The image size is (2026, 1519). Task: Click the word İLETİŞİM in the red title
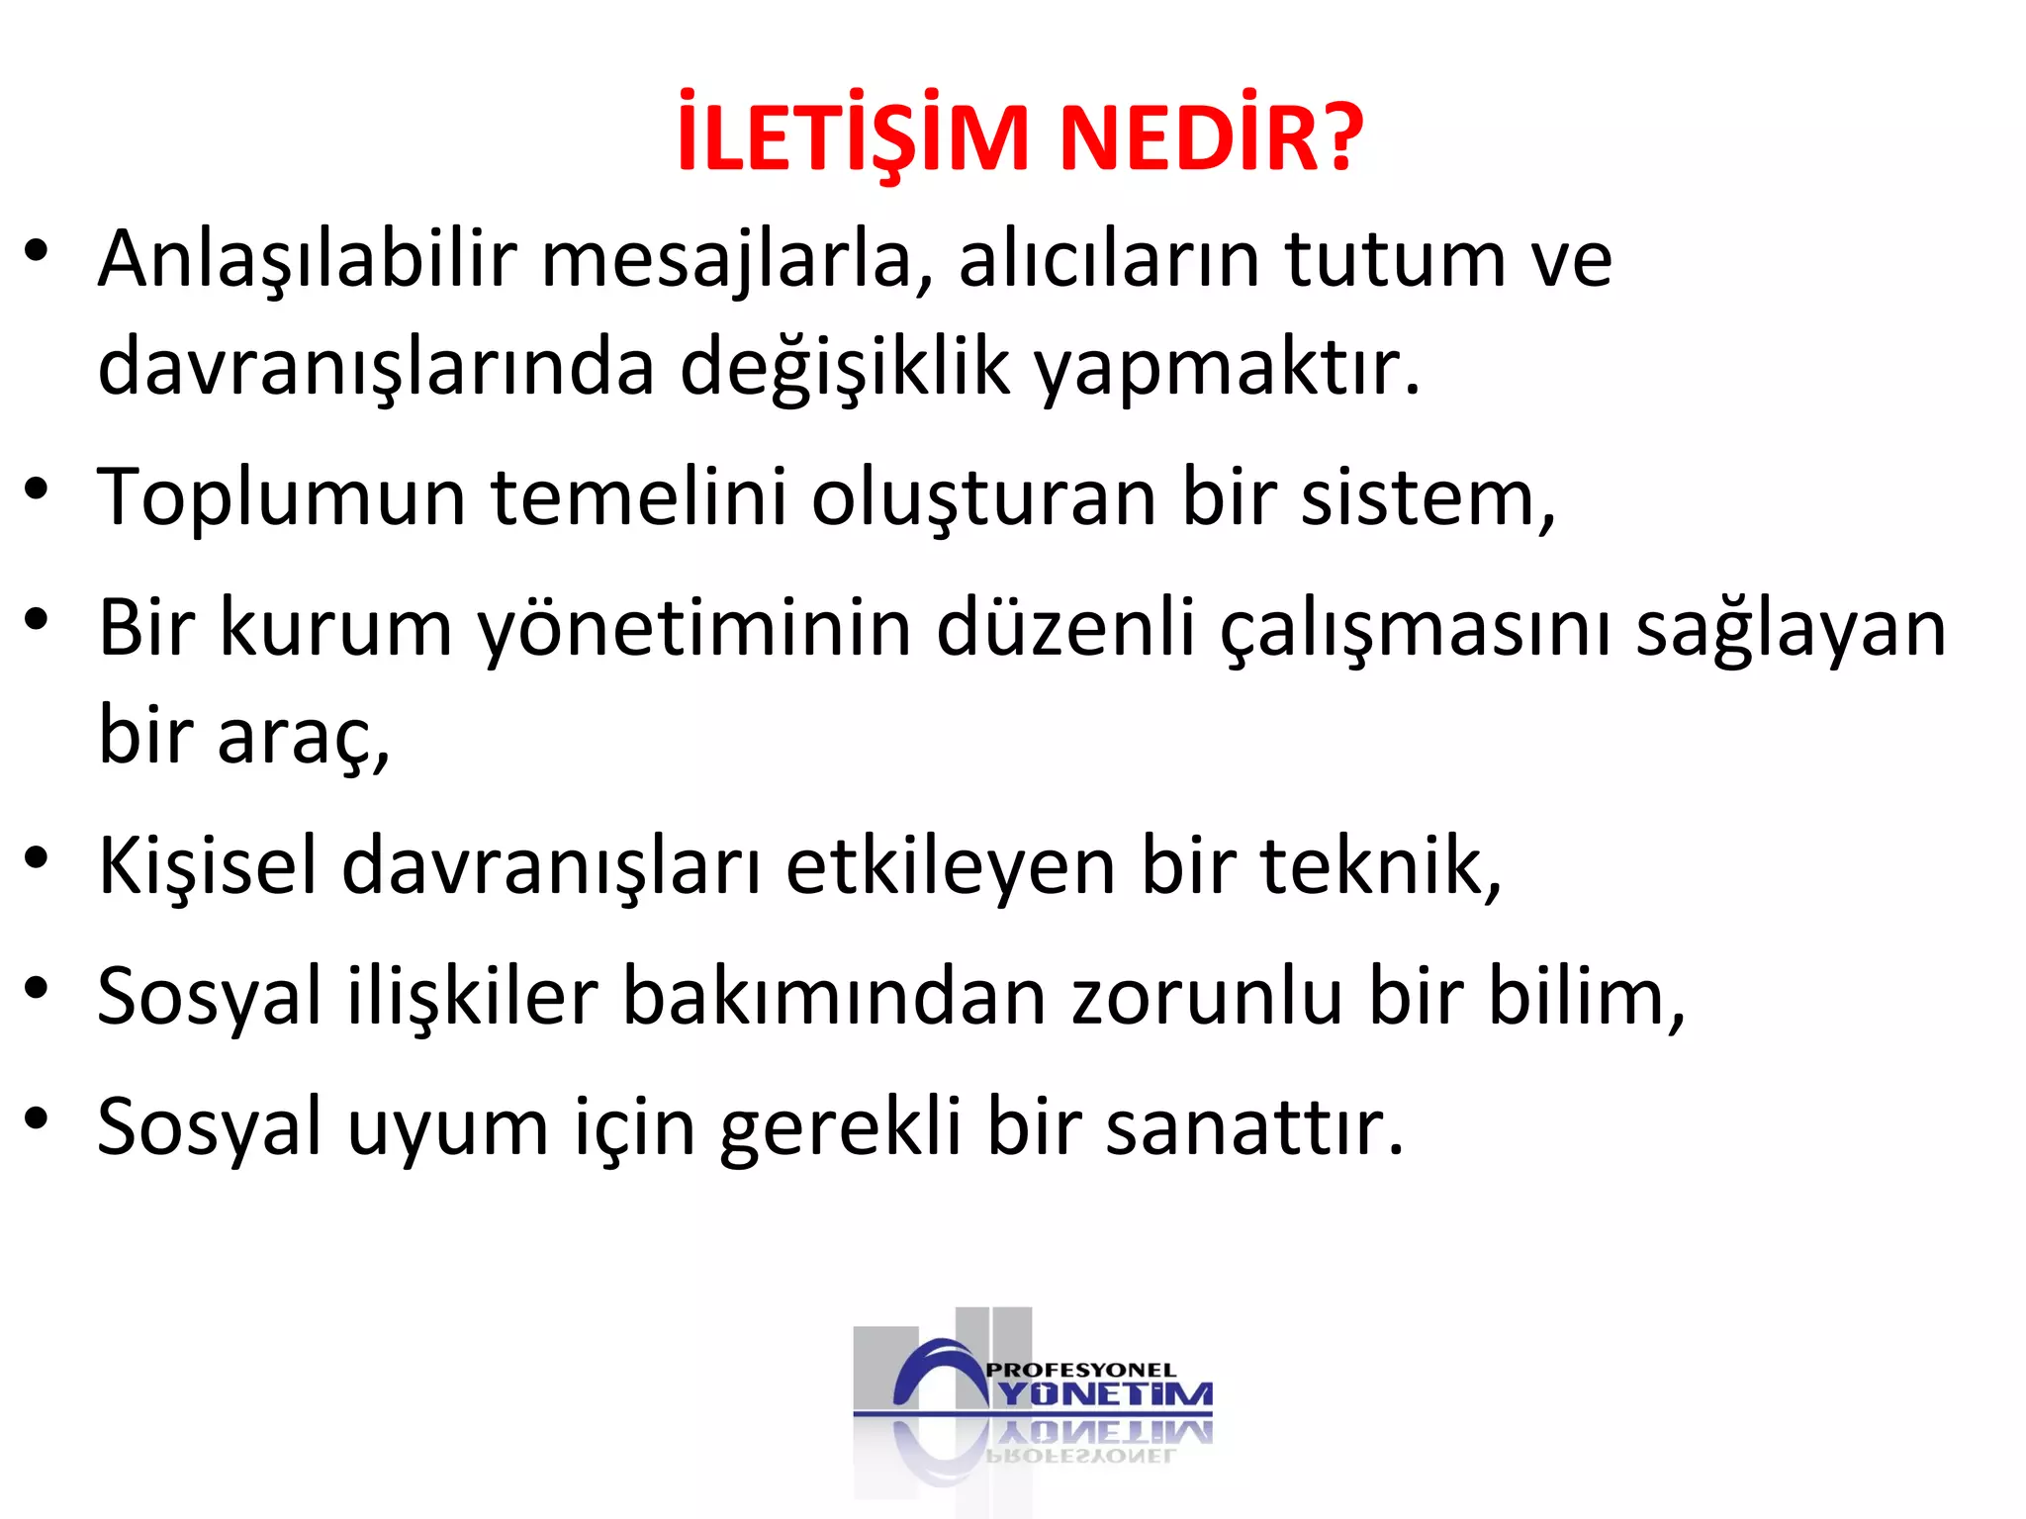click(x=853, y=135)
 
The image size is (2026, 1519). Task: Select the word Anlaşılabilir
click(x=308, y=260)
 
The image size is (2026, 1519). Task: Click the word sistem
click(x=1425, y=497)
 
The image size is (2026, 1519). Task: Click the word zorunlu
click(x=1207, y=997)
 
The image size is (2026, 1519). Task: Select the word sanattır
click(x=1252, y=1127)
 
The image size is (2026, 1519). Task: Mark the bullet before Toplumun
click(x=37, y=489)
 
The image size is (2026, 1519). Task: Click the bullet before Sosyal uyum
click(x=37, y=1118)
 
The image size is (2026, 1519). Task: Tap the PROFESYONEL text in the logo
click(x=1081, y=1371)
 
